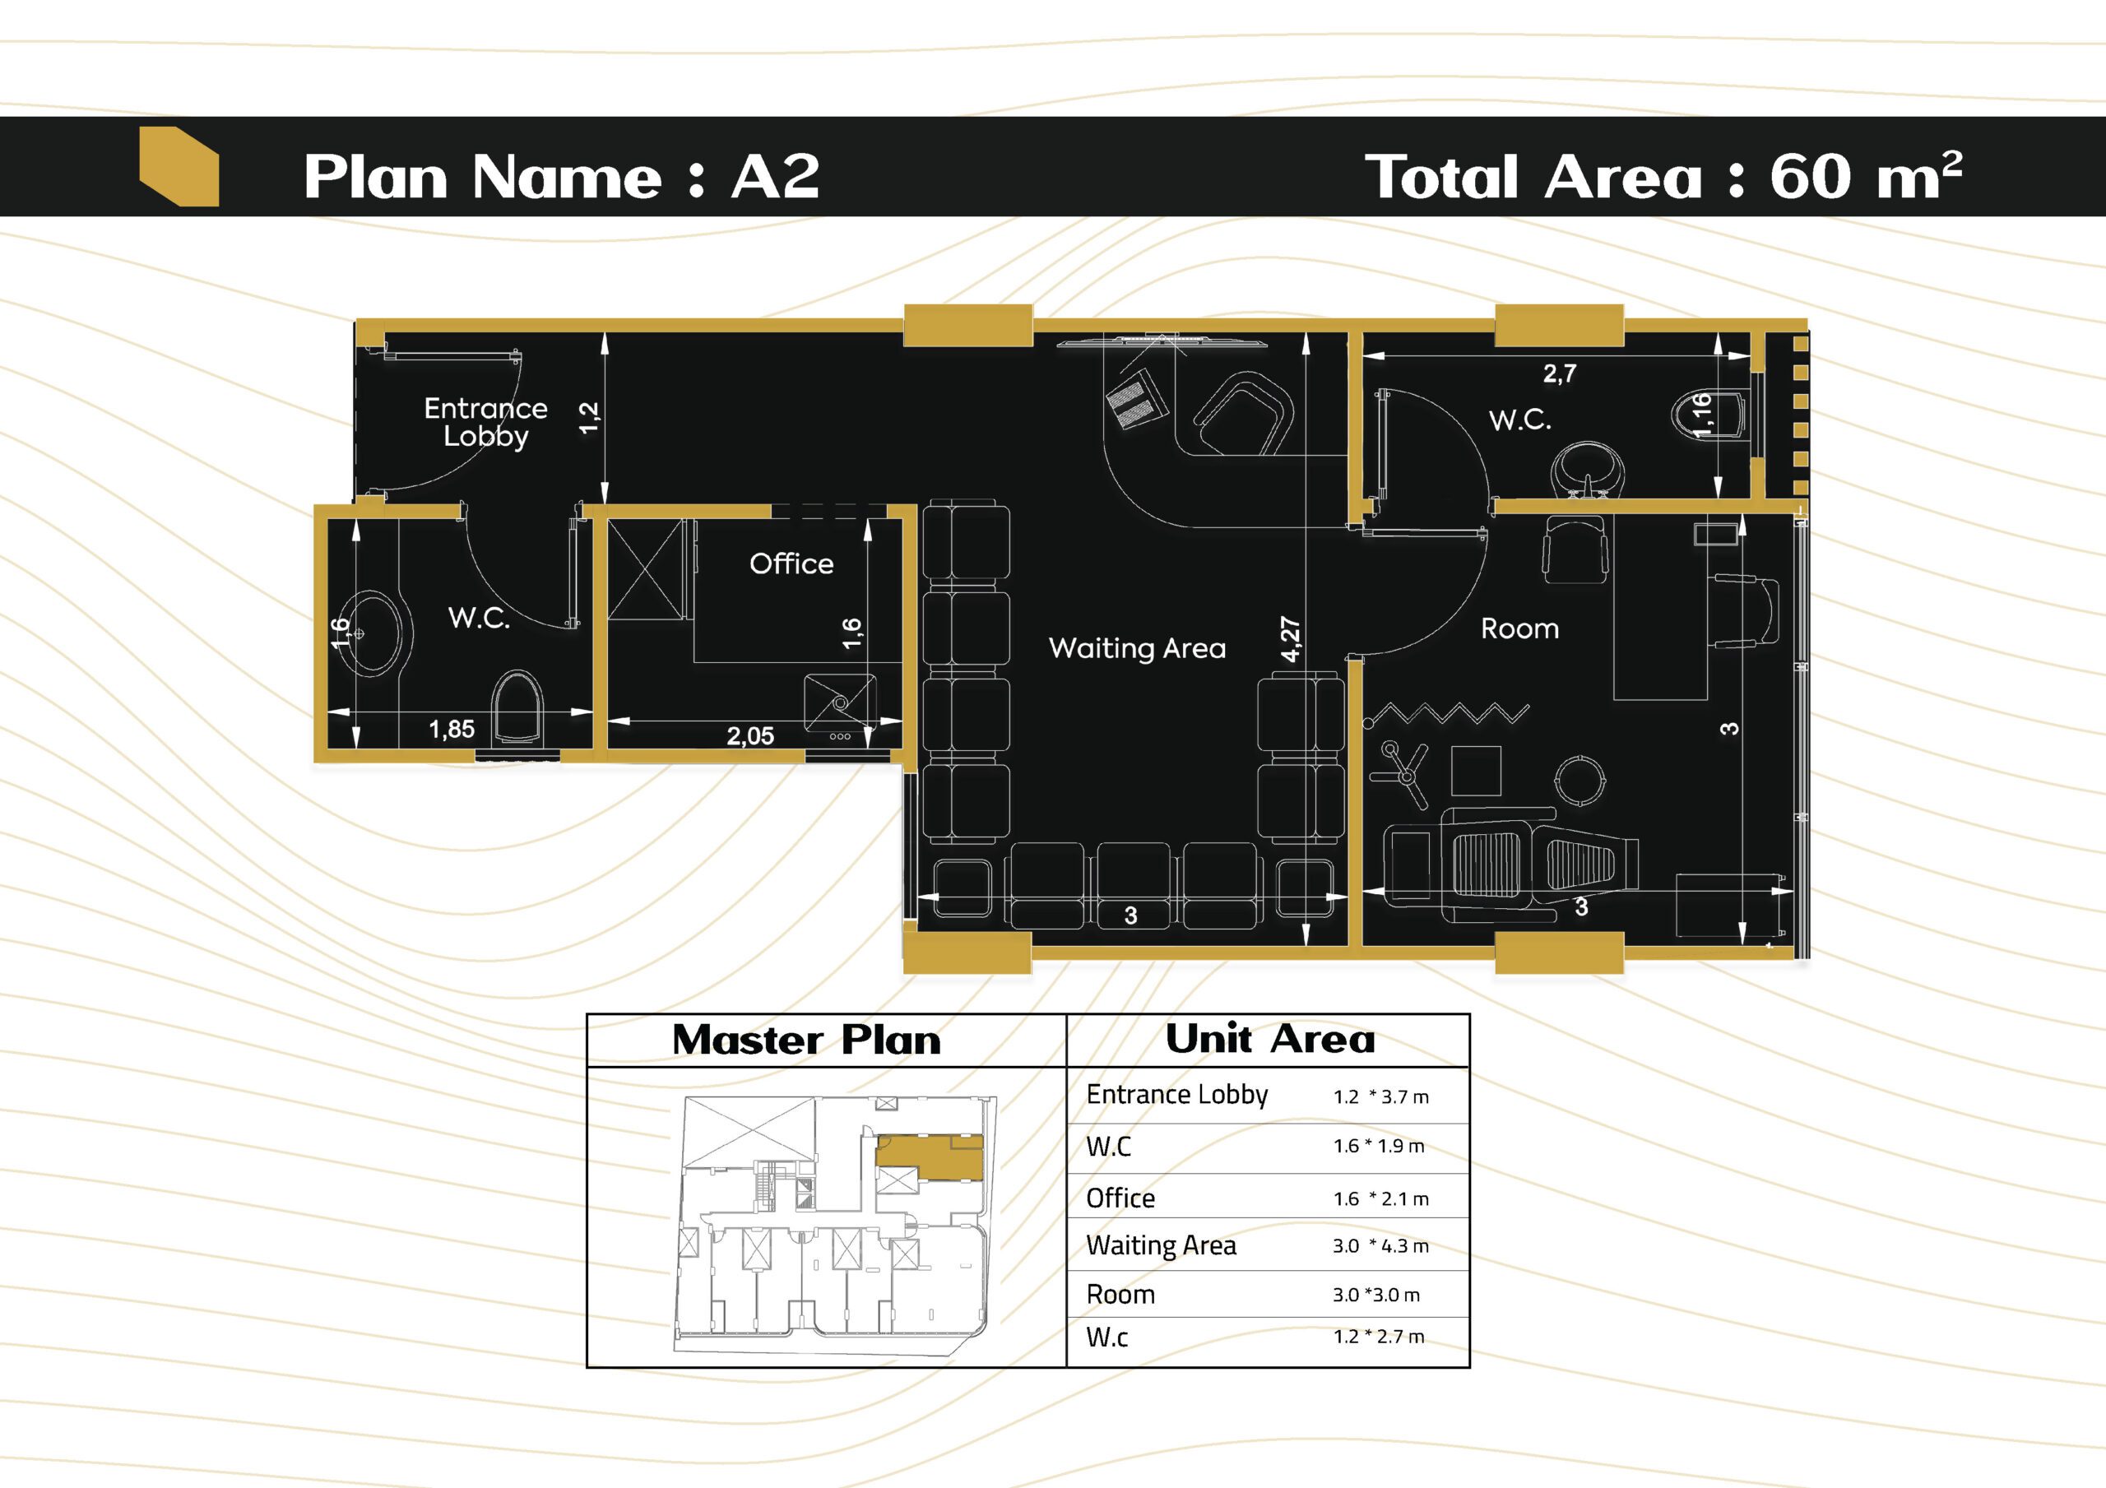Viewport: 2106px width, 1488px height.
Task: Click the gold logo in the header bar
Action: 179,166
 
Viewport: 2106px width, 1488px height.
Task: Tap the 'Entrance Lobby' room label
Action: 485,421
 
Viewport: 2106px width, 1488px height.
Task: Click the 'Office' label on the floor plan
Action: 791,563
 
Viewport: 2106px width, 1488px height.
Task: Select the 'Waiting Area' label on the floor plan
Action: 1138,649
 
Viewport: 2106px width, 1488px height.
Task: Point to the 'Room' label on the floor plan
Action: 1520,628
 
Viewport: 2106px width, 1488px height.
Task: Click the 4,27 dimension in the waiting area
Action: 1291,638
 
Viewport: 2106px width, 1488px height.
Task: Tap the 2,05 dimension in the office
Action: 750,735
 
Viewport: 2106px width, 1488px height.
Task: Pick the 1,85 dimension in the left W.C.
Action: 452,730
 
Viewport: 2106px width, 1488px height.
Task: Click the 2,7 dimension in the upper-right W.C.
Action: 1559,373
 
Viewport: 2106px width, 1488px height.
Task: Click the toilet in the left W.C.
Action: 518,707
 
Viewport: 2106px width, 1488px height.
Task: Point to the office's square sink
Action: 840,703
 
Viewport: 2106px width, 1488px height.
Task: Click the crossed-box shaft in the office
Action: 647,570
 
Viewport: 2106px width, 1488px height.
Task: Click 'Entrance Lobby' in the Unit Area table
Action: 1177,1096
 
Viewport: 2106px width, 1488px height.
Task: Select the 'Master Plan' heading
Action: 806,1041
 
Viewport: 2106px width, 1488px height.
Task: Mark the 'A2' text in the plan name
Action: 775,176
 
